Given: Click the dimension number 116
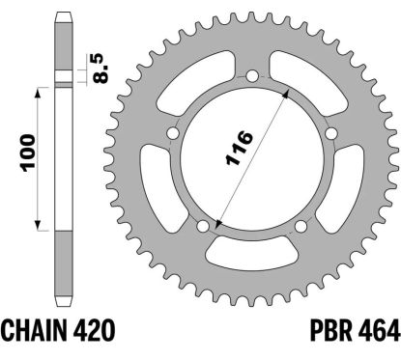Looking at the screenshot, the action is [x=240, y=148].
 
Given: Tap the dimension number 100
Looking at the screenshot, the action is [x=27, y=152].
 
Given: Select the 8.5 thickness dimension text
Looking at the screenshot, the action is [x=100, y=69].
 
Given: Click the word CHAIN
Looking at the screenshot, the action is [x=35, y=330].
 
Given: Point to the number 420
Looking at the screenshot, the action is [x=94, y=330].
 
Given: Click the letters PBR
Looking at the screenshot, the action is [x=331, y=330].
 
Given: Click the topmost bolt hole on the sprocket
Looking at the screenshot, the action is [x=252, y=76].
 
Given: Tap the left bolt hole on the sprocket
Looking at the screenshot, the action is [x=174, y=133].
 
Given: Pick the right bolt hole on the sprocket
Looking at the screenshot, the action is [x=330, y=133].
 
